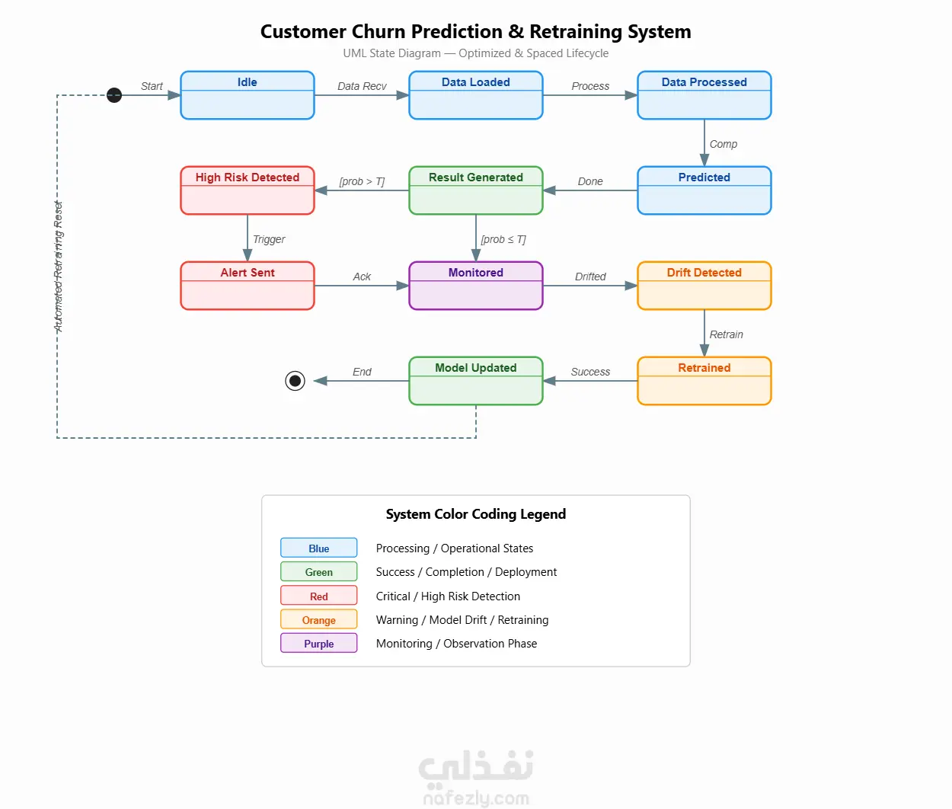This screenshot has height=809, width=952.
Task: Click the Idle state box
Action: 248,95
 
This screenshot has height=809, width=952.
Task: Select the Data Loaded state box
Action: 476,95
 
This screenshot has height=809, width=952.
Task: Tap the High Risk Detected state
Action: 248,190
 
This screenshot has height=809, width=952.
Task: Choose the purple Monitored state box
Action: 476,286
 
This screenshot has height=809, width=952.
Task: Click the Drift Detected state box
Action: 704,286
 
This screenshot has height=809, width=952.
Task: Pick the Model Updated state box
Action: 476,381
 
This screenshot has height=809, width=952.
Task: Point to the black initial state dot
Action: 114,95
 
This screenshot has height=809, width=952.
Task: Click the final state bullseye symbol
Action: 296,381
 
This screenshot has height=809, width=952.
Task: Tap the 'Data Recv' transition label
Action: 362,86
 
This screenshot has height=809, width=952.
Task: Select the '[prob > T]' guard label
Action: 362,181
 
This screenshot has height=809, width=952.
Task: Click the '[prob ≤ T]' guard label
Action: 503,239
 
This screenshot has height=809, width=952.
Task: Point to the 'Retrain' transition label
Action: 727,334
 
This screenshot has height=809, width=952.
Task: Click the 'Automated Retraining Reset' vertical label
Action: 58,267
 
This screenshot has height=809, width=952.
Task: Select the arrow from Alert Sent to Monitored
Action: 362,286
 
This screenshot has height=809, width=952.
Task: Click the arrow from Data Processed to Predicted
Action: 704,142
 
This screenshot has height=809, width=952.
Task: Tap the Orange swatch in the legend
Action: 318,619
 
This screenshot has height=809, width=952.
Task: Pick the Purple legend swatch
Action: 318,643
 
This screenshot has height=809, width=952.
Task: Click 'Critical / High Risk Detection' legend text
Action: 448,596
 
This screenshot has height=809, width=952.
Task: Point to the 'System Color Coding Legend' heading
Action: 476,514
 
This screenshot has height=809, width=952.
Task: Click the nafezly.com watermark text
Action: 476,798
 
